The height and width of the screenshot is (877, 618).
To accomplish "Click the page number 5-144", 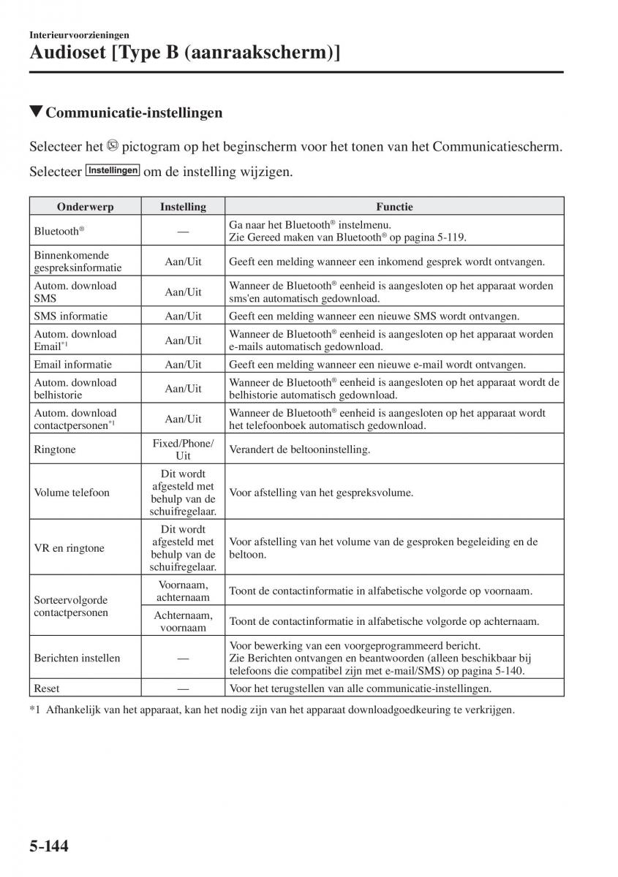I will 49,847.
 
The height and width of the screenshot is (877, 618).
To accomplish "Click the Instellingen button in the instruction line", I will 113,170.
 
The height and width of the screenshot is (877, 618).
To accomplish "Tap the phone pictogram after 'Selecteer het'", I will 112,145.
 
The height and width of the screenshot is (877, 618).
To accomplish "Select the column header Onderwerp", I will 85,207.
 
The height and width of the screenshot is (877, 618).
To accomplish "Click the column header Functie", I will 395,207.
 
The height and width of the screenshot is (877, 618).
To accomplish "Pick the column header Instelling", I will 183,207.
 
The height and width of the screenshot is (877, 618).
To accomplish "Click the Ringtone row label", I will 55,449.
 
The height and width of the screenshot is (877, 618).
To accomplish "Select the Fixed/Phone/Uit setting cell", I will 183,449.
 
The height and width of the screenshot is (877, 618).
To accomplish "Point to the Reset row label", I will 47,688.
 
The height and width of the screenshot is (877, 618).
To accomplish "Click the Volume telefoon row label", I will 72,493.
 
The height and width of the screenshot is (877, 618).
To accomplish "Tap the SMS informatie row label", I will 70,316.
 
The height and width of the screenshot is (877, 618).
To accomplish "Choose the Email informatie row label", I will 73,365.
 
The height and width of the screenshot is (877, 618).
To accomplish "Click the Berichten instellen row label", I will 77,658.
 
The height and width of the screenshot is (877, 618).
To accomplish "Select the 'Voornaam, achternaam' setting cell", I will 183,591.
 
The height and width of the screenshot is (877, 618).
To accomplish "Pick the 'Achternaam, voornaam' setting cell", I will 183,621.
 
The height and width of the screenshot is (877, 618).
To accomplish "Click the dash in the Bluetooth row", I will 183,231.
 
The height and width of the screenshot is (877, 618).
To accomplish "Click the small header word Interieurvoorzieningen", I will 80,34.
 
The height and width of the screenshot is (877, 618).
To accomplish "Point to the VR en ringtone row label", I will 69,548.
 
